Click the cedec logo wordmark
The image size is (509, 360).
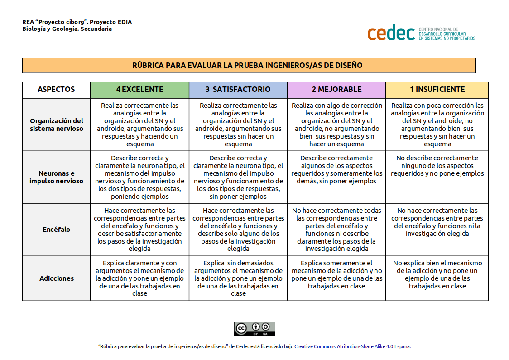pos(391,33)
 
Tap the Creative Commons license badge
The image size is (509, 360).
pos(254,328)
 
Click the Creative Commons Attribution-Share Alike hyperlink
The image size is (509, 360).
pos(352,346)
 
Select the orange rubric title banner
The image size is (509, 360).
pos(249,65)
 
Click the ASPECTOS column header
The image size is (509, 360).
pos(56,89)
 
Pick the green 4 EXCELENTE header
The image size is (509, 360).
pos(139,89)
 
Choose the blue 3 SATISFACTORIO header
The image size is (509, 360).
pos(238,89)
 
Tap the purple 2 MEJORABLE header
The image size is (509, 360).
pos(336,89)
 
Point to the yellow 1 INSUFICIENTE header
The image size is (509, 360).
pos(437,89)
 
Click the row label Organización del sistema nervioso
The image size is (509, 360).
pos(56,125)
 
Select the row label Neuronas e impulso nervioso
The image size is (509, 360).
pos(56,177)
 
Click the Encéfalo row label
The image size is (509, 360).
pos(56,230)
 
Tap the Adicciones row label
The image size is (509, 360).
pos(56,278)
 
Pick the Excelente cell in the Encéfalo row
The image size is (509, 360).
pos(139,230)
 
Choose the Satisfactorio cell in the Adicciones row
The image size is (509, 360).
pos(238,278)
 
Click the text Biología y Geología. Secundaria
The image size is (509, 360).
pos(67,29)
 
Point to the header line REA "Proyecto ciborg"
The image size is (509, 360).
pos(77,22)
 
